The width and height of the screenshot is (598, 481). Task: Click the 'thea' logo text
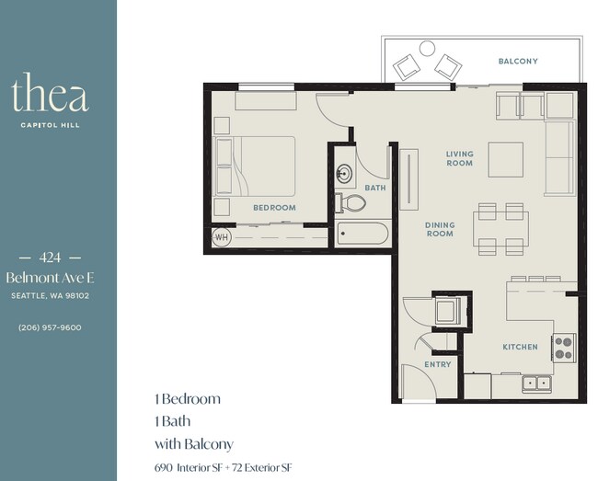coord(50,97)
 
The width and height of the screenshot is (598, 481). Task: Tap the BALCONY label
coord(518,62)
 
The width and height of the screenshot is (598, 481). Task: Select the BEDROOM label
coord(274,208)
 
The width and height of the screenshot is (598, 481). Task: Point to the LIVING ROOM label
coord(459,158)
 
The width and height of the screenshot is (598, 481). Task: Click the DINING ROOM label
coord(440,229)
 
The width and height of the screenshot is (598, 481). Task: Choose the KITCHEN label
coord(520,347)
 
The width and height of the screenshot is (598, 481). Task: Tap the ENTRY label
coord(438,365)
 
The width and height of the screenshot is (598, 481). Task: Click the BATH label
coord(375,188)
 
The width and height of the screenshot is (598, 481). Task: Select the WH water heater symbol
coord(221,237)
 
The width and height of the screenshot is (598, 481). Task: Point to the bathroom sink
coord(345,172)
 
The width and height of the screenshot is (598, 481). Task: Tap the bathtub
coord(362,234)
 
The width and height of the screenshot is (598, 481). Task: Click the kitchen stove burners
coord(563,347)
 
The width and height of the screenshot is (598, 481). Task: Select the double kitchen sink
coord(535,383)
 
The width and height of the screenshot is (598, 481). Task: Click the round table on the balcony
coord(427,49)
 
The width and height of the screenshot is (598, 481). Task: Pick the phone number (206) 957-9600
coord(50,327)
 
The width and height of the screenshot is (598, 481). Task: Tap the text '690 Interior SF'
coord(193,467)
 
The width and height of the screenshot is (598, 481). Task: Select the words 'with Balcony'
coord(194,443)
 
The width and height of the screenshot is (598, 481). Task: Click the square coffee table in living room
coord(506,159)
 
